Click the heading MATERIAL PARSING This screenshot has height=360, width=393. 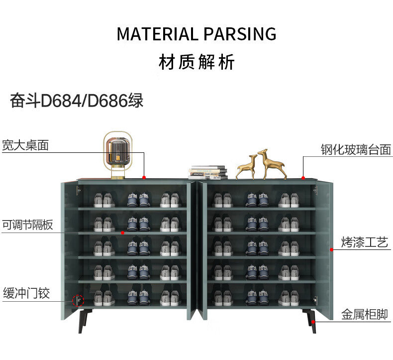pos(196,34)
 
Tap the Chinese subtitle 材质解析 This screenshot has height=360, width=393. pos(196,63)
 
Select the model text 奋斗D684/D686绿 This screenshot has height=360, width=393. pos(77,101)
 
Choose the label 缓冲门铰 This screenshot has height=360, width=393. pos(26,293)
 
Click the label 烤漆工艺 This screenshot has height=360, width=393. pos(364,243)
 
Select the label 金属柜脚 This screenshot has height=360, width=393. pos(364,315)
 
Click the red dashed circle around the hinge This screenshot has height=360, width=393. pos(78,300)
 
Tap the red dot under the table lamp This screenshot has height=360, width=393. pos(144,177)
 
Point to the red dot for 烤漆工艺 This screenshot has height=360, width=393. pos(331,248)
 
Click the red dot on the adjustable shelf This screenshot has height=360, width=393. pos(123,232)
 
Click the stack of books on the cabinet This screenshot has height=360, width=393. pos(208,172)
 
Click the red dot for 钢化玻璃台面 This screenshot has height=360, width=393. pos(303,178)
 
